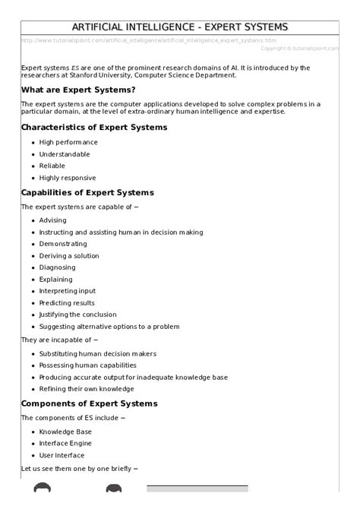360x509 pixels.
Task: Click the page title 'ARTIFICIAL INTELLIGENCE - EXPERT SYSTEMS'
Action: click(x=179, y=27)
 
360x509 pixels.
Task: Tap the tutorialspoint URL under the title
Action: click(x=149, y=40)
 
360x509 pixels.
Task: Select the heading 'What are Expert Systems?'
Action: click(x=78, y=90)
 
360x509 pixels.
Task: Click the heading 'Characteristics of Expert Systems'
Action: click(x=94, y=127)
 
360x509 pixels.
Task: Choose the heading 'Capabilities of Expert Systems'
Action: click(x=87, y=192)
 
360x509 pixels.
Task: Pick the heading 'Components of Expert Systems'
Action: click(x=89, y=403)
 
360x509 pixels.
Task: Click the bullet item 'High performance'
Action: click(x=68, y=142)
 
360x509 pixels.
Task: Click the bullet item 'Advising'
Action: click(x=53, y=220)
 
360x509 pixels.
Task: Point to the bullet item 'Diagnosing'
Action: click(x=58, y=267)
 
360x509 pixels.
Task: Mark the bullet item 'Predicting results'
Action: click(x=68, y=302)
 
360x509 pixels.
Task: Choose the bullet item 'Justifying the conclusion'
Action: click(x=79, y=315)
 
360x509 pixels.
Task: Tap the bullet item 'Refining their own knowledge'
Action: click(x=87, y=389)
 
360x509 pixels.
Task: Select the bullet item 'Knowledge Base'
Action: click(x=65, y=432)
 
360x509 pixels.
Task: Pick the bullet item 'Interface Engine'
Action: click(x=65, y=443)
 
